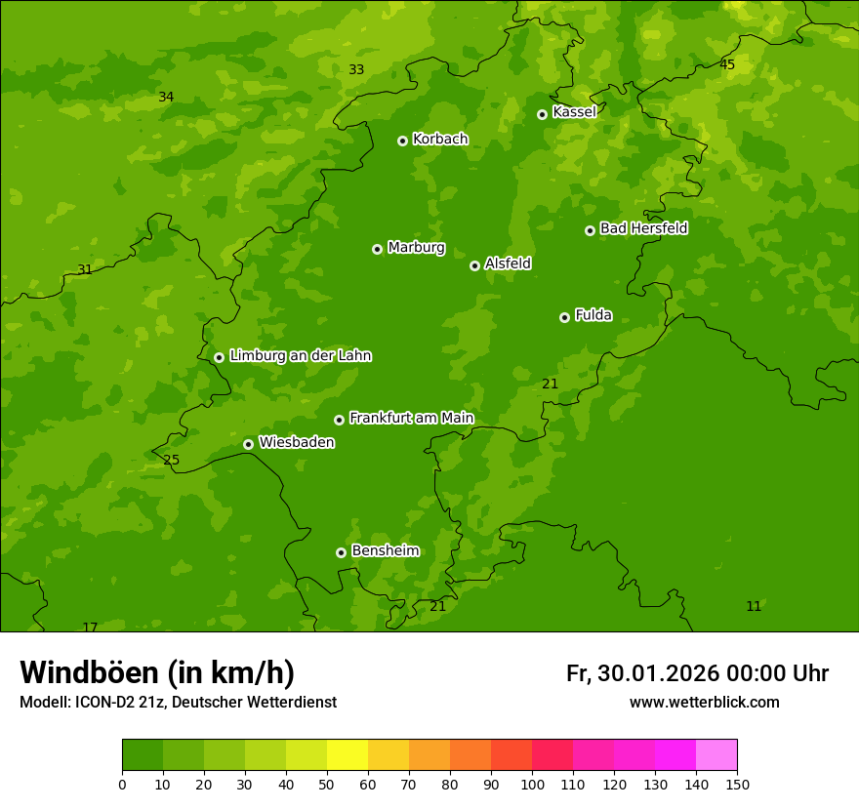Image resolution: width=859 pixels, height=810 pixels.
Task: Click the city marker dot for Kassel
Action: pos(542,114)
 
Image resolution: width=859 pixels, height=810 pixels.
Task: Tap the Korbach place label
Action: pos(440,140)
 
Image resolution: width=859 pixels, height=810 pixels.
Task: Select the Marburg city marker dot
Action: pos(377,249)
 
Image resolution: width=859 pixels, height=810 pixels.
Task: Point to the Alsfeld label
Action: pos(508,263)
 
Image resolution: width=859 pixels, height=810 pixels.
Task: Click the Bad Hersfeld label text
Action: pos(643,228)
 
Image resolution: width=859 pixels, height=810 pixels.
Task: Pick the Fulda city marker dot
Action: pos(564,317)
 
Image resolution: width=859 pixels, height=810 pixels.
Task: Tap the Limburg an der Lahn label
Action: pos(300,356)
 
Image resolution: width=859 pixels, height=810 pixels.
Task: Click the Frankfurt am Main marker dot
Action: pos(339,420)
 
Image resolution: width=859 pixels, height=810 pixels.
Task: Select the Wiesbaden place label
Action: pos(297,443)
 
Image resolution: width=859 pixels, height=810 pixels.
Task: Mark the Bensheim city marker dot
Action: pos(341,552)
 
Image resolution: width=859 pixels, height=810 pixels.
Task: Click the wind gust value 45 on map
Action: pos(727,64)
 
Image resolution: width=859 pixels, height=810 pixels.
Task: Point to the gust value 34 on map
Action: pos(166,97)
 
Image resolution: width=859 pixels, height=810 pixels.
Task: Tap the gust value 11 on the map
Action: pos(754,606)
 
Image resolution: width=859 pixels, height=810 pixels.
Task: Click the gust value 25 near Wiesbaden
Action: pos(172,460)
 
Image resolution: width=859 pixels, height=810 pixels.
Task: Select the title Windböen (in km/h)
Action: pos(157,672)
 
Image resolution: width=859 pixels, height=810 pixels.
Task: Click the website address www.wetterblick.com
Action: pos(704,703)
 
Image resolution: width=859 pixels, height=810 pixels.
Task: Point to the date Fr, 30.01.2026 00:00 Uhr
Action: pos(697,673)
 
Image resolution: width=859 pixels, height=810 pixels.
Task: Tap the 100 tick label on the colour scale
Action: pos(532,784)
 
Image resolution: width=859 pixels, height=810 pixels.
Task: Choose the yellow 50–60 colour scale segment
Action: pos(348,754)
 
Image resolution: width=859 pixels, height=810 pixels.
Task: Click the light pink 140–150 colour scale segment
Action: pos(716,754)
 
